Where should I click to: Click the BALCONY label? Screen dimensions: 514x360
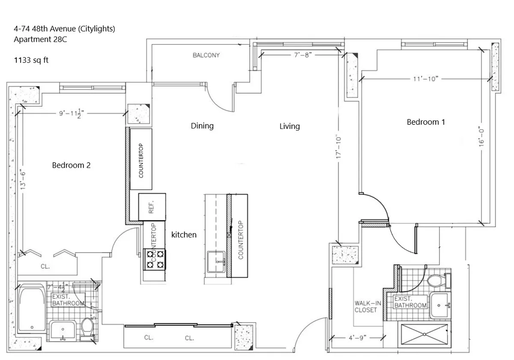(x=206, y=55)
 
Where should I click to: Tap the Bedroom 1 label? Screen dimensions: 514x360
(x=426, y=122)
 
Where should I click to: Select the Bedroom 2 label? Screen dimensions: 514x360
(x=71, y=165)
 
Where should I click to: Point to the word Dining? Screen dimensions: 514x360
(x=202, y=126)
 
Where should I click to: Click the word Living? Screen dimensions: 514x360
(x=290, y=126)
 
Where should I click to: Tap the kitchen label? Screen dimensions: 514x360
(x=184, y=235)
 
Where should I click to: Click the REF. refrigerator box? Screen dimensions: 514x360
(x=152, y=207)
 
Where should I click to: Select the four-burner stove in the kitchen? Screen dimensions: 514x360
(x=154, y=259)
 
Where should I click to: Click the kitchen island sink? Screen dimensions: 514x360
(x=217, y=262)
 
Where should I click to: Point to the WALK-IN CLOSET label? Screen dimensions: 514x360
(x=365, y=306)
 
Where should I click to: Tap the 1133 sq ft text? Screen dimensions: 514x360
(x=31, y=60)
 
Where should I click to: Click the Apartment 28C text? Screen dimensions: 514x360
(x=40, y=40)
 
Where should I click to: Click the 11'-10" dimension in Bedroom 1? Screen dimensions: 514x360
(x=425, y=79)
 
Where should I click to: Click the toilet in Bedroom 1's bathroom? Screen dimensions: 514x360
(x=436, y=282)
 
